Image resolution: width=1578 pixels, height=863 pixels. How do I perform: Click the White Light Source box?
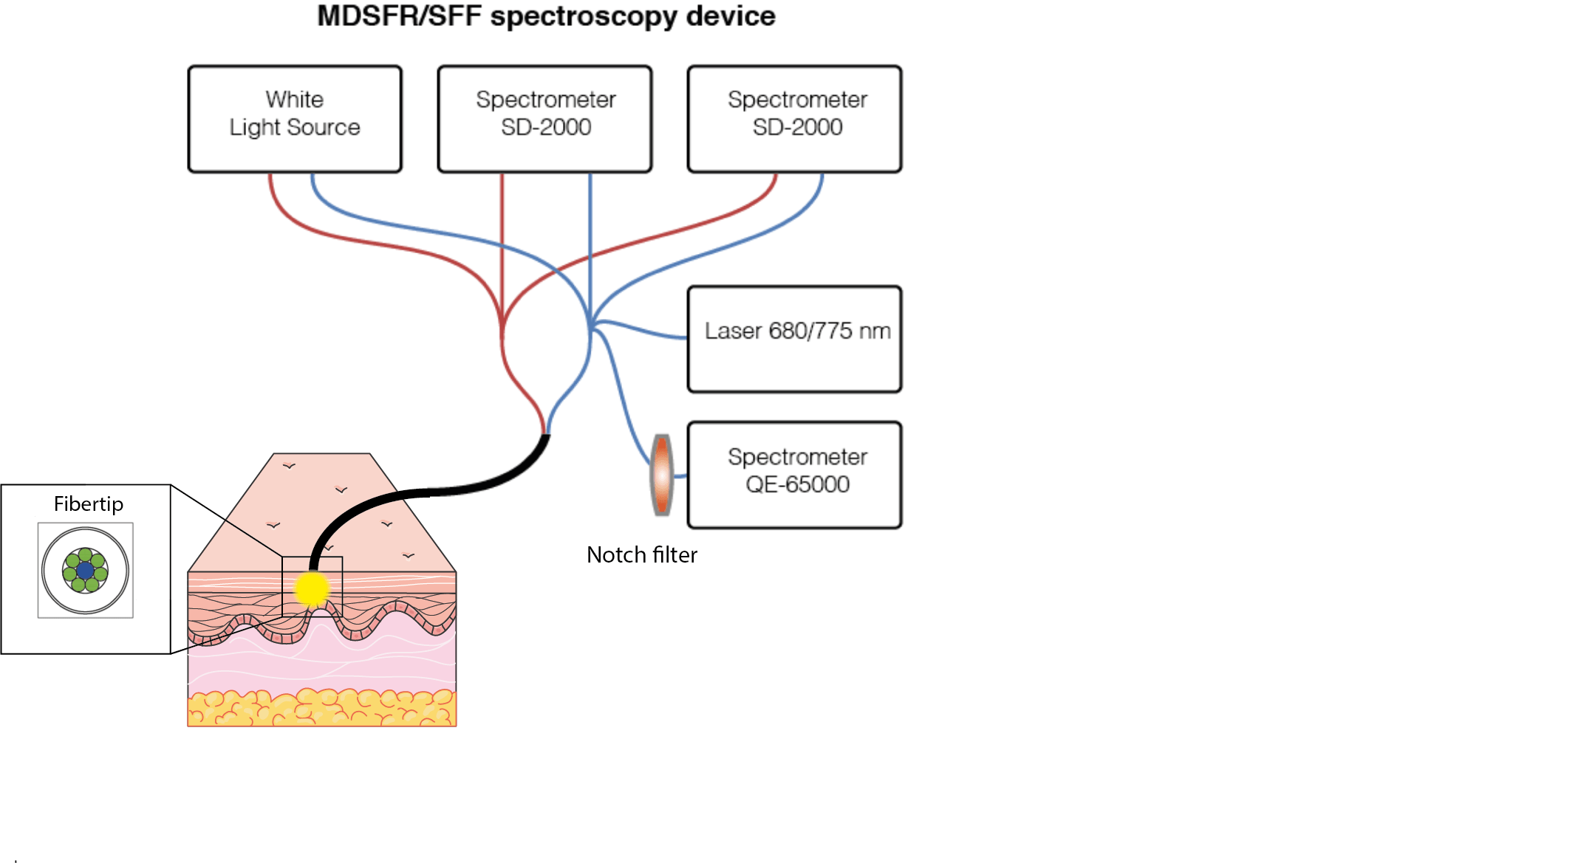(x=295, y=119)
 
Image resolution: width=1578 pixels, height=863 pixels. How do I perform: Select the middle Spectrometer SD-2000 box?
(x=544, y=119)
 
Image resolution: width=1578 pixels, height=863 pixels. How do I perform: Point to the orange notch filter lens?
(x=662, y=475)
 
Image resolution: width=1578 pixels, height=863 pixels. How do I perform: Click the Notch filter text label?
(x=641, y=555)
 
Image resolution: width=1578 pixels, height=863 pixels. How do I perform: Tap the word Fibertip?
(x=89, y=504)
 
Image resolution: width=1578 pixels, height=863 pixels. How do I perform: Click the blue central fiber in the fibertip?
(x=86, y=571)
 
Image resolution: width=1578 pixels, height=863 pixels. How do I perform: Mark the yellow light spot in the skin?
(x=311, y=588)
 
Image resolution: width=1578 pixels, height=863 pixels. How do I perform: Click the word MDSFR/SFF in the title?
(x=399, y=16)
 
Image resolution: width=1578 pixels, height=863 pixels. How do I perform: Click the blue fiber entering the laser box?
(x=650, y=331)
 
